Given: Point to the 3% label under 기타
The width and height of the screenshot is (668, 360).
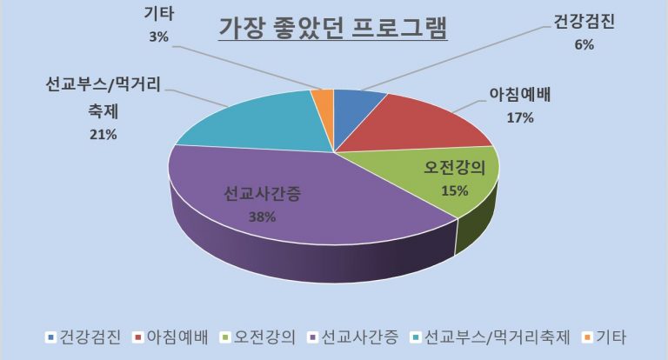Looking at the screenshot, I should (157, 37).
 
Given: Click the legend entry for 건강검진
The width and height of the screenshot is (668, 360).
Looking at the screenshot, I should (90, 337).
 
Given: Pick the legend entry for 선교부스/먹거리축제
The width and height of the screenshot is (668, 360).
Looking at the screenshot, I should (492, 337).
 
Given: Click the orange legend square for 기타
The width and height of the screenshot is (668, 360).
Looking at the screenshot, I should (586, 337).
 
